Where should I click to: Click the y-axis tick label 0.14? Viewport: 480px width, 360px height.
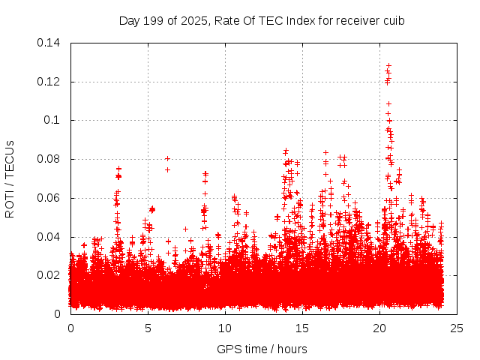tap(49, 43)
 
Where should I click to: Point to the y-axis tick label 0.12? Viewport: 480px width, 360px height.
tap(49, 82)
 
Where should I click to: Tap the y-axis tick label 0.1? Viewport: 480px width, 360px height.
tap(52, 120)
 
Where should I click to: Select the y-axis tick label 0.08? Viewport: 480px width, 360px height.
tap(49, 159)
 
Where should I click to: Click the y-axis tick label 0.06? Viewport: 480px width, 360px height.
tap(49, 198)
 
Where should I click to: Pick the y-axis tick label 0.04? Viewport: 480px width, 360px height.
tap(49, 237)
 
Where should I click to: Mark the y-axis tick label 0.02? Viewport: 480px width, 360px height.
tap(49, 275)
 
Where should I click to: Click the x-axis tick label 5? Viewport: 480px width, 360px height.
tap(148, 328)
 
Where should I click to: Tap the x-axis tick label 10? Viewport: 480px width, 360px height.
tap(225, 328)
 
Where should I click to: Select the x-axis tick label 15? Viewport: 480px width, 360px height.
tap(302, 328)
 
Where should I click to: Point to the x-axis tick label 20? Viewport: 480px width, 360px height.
tap(379, 328)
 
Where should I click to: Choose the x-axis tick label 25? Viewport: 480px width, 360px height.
tap(457, 328)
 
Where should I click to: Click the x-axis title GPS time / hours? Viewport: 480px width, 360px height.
tap(262, 349)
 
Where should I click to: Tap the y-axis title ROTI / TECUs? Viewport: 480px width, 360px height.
tap(10, 178)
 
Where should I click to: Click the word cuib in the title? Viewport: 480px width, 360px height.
tap(394, 20)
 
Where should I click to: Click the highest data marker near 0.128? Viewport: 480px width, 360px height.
tap(388, 65)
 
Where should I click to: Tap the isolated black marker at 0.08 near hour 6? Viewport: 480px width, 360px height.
tap(167, 158)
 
